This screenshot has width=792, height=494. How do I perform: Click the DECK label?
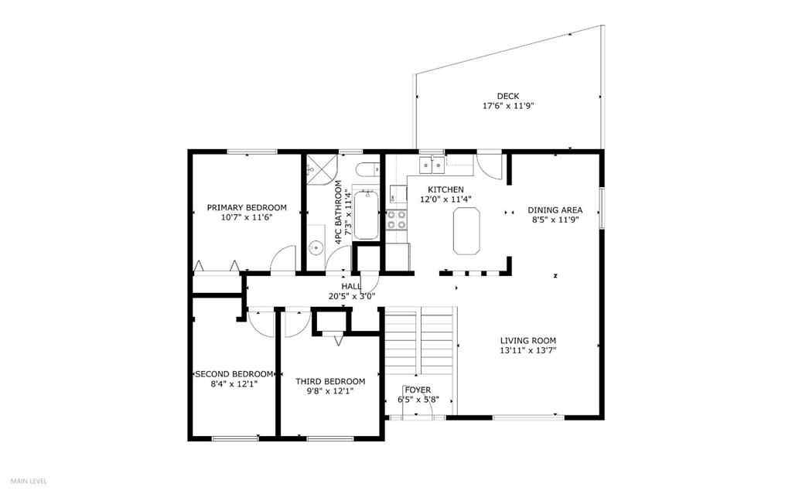[x=508, y=97]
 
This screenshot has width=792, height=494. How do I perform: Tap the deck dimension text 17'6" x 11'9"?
[x=508, y=107]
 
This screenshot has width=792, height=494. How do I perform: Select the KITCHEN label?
[x=445, y=189]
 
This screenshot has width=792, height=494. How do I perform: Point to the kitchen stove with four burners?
[x=397, y=220]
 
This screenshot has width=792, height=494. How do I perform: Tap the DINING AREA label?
[x=555, y=210]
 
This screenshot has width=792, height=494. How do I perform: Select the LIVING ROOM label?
[x=527, y=340]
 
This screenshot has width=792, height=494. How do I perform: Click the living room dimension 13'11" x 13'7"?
[x=527, y=350]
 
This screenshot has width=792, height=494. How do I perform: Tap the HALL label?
[x=352, y=286]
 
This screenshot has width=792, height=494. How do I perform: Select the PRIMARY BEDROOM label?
[x=246, y=207]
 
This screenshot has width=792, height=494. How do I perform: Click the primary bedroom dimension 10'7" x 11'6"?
[x=246, y=217]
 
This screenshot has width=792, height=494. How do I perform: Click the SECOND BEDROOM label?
[x=234, y=373]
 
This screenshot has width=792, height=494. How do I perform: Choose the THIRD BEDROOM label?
[x=330, y=381]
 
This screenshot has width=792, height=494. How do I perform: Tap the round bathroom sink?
[x=316, y=248]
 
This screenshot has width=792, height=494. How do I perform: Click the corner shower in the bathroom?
[x=316, y=167]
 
